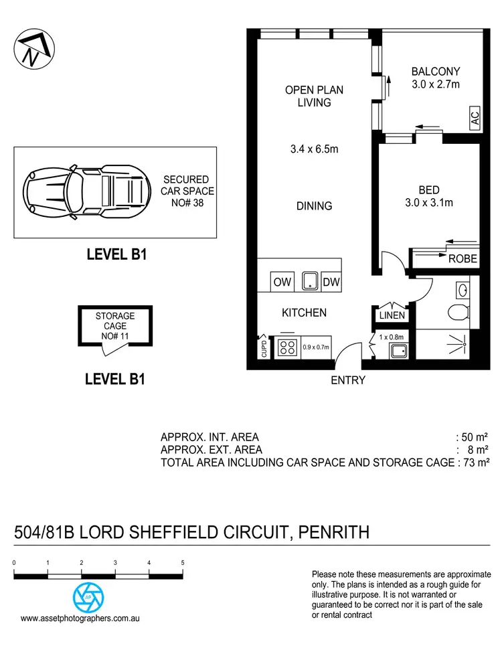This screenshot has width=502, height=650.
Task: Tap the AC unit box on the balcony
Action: pyautogui.click(x=475, y=120)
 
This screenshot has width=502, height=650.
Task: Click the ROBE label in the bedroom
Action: pyautogui.click(x=462, y=259)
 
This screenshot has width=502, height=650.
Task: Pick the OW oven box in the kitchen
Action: pyautogui.click(x=282, y=282)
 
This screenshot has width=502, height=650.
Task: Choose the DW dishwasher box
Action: pyautogui.click(x=331, y=282)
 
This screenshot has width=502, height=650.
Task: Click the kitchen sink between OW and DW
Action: pyautogui.click(x=309, y=282)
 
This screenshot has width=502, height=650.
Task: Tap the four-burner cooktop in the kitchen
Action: pyautogui.click(x=288, y=347)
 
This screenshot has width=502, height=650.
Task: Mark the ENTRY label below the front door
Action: pyautogui.click(x=348, y=380)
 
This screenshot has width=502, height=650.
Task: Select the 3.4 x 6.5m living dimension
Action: pyautogui.click(x=310, y=149)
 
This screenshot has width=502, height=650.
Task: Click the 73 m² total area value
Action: pyautogui.click(x=475, y=462)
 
